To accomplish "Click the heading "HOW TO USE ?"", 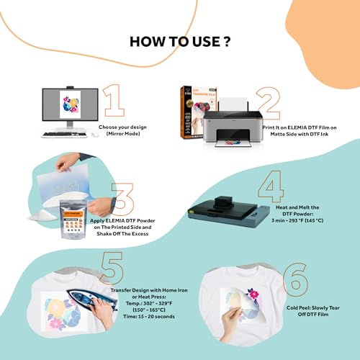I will (179, 40).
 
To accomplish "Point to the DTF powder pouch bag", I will (81, 217).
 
